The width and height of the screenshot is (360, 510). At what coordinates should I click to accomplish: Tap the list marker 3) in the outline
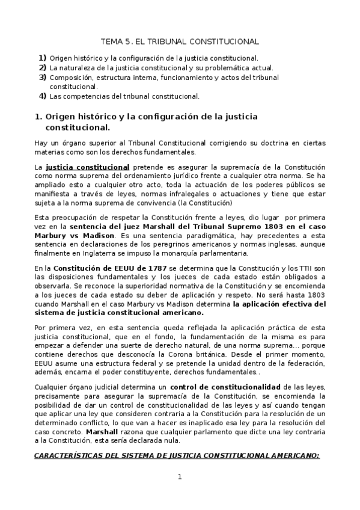click(43, 77)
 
